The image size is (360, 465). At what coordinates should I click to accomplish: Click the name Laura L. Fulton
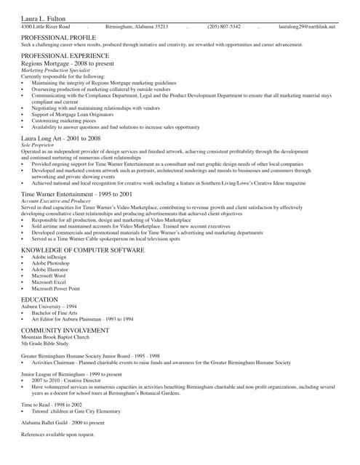click(42, 17)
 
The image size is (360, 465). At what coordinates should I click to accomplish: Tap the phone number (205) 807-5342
click(224, 26)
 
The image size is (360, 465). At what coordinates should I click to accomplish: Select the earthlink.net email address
click(307, 26)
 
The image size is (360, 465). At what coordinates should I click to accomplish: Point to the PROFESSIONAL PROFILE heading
click(58, 36)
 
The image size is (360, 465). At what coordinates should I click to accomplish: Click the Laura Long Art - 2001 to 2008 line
click(60, 138)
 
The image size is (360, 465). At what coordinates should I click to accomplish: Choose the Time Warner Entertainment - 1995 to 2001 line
click(76, 195)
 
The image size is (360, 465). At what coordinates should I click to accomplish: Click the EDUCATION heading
click(39, 299)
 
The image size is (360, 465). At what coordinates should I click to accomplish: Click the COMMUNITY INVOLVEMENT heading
click(65, 330)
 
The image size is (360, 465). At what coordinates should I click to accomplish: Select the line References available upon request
click(57, 434)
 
